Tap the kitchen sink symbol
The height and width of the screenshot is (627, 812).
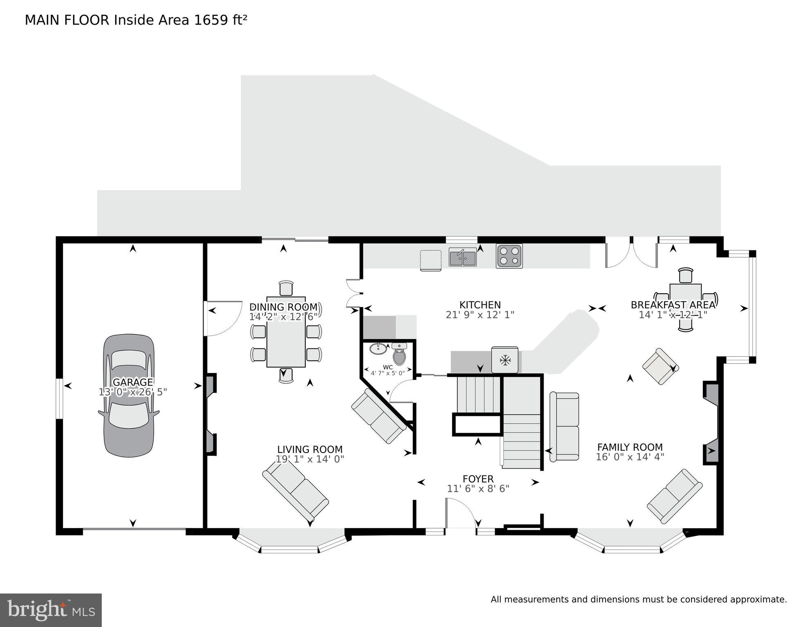click(463, 258)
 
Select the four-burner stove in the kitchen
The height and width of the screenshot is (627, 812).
click(509, 256)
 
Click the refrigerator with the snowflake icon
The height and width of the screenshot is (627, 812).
click(505, 360)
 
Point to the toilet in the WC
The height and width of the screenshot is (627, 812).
click(399, 355)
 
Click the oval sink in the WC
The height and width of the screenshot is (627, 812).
click(379, 348)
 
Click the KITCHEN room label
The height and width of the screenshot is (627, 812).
click(480, 305)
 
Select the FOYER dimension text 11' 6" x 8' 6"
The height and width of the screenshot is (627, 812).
click(478, 489)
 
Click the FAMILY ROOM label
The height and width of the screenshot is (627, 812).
click(630, 447)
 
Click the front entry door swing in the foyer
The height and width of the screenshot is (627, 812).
click(461, 513)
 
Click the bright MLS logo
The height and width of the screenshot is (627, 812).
click(51, 610)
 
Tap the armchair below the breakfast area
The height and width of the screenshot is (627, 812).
click(660, 366)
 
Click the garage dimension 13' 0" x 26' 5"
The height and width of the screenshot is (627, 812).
click(133, 392)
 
